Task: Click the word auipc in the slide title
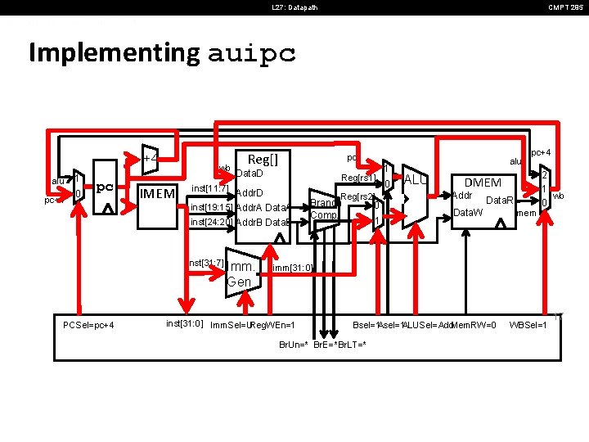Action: pos(252,54)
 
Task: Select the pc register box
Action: pos(105,189)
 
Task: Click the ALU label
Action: pos(415,180)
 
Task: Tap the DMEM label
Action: pos(483,183)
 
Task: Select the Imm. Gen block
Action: pos(241,273)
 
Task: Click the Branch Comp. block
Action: pos(324,209)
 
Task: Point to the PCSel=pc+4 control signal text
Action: pos(88,326)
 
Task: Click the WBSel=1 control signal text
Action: pos(528,326)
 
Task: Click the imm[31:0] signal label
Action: pos(291,268)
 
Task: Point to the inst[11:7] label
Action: pos(209,188)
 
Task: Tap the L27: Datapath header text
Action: pos(294,8)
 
